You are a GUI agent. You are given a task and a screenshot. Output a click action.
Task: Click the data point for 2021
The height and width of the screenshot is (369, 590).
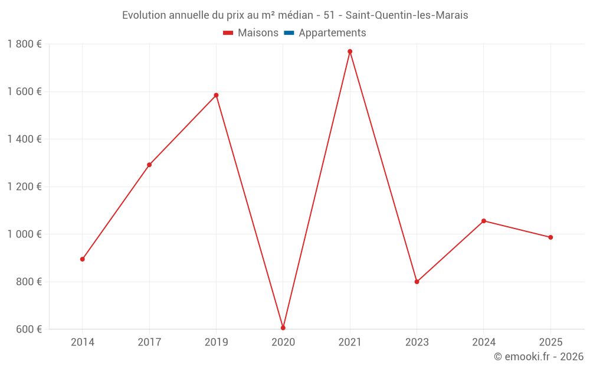point(350,51)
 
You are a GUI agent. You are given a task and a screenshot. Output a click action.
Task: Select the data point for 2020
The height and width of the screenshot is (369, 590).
point(283,328)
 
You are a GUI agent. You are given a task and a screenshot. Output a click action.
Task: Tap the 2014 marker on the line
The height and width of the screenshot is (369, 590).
point(83,259)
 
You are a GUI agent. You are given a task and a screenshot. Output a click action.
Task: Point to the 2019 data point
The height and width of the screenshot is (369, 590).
point(216,95)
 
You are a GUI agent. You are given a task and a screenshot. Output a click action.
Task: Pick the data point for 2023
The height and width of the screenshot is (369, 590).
point(417,282)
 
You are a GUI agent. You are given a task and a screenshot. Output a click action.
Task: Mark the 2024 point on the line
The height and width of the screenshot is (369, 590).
point(484,221)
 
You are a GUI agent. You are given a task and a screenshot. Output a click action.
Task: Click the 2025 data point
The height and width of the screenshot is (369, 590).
point(550,237)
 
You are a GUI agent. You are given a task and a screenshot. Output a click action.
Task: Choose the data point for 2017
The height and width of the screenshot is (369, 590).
point(149,165)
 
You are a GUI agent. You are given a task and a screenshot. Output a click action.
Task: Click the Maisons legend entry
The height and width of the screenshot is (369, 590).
point(251,33)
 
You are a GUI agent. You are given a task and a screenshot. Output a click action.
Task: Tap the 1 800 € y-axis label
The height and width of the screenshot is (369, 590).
point(25,44)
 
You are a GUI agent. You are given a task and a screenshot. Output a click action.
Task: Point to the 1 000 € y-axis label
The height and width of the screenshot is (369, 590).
point(25,234)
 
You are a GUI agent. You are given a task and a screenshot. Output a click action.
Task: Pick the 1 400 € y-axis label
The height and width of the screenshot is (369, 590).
point(25,139)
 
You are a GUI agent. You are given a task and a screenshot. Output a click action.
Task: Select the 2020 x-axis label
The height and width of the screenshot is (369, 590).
point(283,342)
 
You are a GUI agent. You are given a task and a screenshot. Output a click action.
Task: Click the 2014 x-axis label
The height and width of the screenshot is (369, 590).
point(83,342)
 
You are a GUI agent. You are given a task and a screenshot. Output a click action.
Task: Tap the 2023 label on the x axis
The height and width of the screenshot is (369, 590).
point(417,342)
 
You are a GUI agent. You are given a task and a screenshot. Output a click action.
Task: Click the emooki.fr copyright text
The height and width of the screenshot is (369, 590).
point(538,357)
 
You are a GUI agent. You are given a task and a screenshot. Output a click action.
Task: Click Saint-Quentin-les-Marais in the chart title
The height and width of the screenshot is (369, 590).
point(407,15)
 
